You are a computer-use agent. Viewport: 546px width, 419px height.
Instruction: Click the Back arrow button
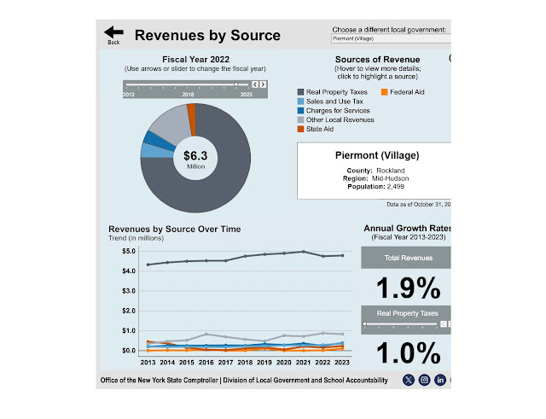pyautogui.click(x=113, y=33)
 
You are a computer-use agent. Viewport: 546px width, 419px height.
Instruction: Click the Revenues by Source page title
pyautogui.click(x=207, y=36)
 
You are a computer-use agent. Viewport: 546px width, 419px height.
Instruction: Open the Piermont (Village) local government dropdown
pyautogui.click(x=389, y=38)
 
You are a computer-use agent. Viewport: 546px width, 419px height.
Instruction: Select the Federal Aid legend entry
pyautogui.click(x=407, y=91)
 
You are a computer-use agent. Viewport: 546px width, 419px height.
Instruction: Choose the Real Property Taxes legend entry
pyautogui.click(x=336, y=91)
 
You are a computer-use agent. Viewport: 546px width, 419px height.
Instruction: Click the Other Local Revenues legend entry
pyautogui.click(x=340, y=119)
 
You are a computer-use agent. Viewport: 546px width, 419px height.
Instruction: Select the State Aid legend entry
pyautogui.click(x=319, y=129)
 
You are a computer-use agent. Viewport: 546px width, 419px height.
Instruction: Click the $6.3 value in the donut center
pyautogui.click(x=195, y=155)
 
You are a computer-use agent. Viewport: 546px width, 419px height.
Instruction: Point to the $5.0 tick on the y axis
pyautogui.click(x=130, y=252)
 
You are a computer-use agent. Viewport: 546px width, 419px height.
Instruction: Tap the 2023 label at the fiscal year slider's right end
pyautogui.click(x=246, y=95)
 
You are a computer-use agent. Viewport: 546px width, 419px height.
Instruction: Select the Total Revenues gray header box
pyautogui.click(x=407, y=258)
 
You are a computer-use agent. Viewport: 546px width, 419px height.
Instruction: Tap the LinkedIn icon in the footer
pyautogui.click(x=440, y=380)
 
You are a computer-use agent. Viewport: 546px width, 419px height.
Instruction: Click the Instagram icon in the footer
pyautogui.click(x=424, y=380)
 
